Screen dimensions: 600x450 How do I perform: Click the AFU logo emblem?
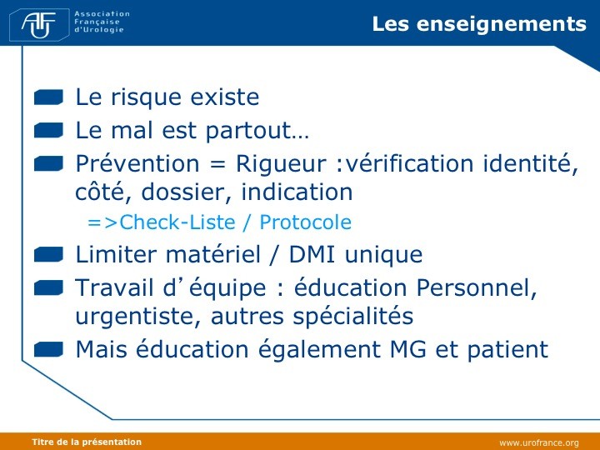[39, 24]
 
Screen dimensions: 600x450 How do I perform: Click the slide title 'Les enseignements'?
[479, 23]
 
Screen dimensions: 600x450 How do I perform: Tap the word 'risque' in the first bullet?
[146, 97]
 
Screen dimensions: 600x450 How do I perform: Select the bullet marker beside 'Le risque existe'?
[48, 97]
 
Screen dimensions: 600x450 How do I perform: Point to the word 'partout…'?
[257, 131]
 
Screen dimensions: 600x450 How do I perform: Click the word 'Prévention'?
[137, 163]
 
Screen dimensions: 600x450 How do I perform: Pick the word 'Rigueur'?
[281, 163]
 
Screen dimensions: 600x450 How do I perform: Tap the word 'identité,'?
[531, 163]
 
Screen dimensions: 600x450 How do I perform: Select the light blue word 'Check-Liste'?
[177, 222]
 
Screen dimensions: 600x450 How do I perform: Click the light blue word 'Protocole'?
[305, 222]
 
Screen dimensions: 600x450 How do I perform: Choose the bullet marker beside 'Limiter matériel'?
[48, 254]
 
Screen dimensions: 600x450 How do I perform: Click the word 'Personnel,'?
[477, 287]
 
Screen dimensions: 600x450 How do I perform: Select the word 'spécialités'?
[353, 317]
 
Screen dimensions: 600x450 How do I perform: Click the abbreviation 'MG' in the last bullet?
[407, 349]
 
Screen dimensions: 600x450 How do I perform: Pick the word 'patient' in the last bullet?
[507, 350]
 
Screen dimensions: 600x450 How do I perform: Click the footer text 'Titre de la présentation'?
[87, 442]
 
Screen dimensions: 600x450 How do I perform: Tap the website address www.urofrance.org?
[539, 443]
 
